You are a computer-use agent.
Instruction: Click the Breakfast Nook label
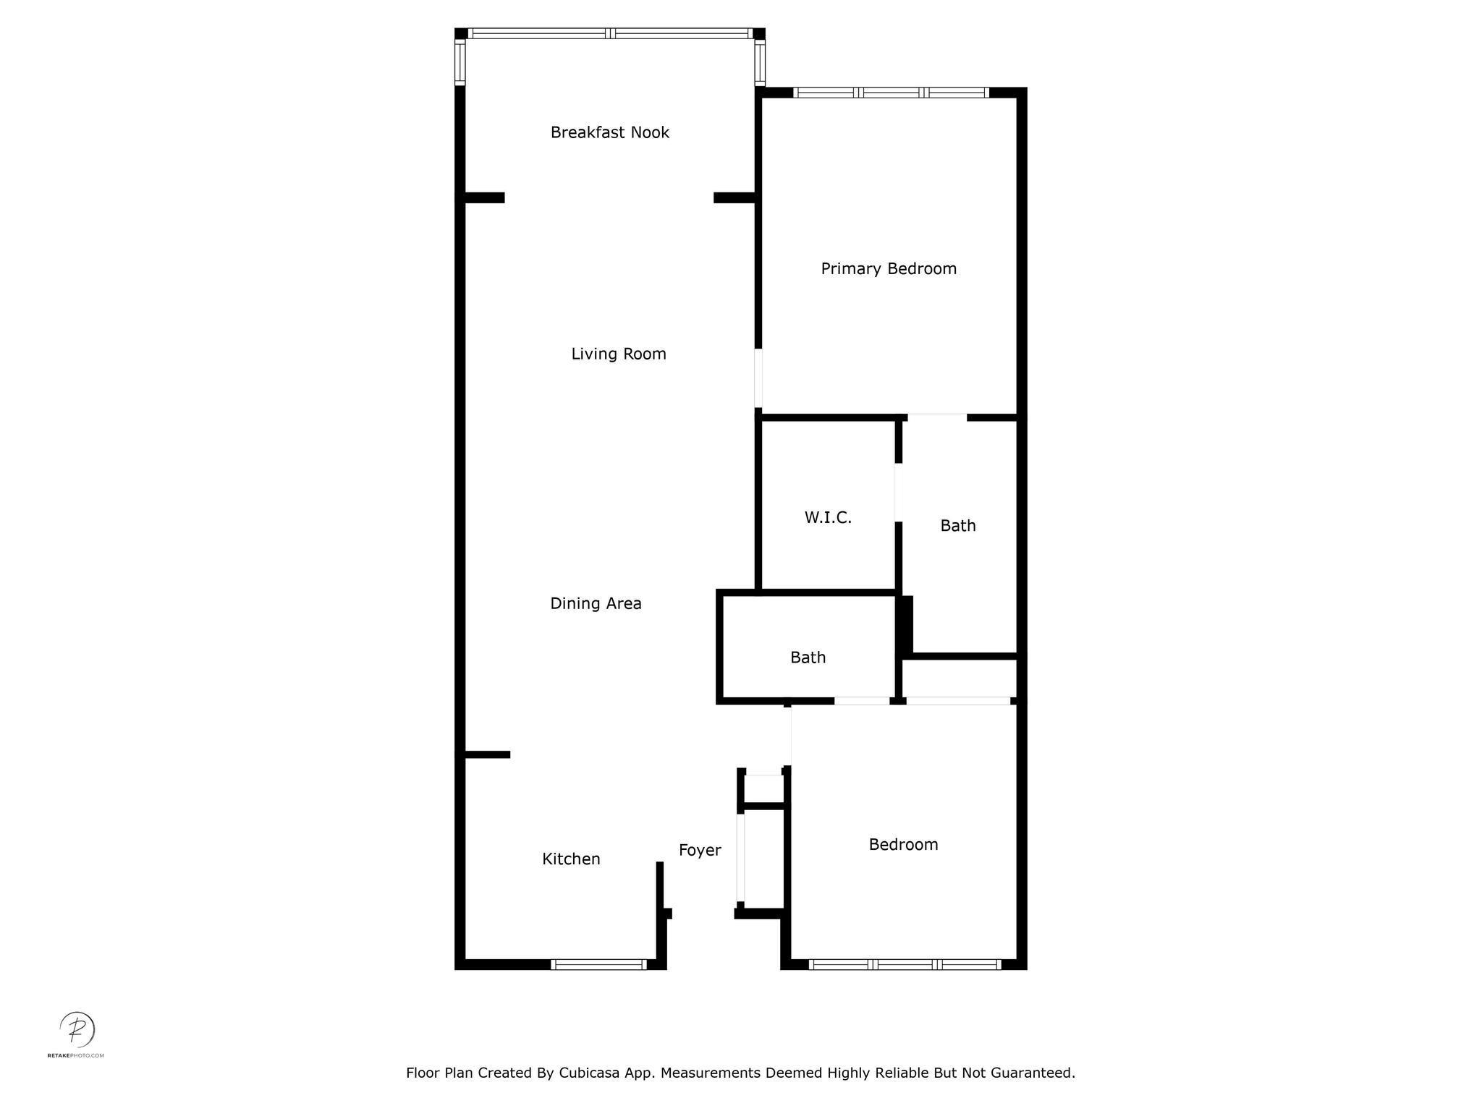(610, 132)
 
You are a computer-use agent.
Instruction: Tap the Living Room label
(619, 354)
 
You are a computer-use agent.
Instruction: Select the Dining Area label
(596, 603)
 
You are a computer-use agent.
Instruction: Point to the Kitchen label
(571, 859)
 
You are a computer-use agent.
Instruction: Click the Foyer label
(700, 851)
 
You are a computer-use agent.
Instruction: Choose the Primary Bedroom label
(889, 269)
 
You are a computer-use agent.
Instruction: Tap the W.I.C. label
(828, 518)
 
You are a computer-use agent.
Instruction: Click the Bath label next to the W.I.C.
(958, 526)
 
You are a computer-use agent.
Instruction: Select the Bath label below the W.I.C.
(808, 657)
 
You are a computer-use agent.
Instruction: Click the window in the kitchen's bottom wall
(598, 964)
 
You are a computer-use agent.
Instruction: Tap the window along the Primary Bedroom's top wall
(891, 93)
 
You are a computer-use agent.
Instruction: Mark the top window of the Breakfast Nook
(611, 33)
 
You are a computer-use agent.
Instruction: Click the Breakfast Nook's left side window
(460, 62)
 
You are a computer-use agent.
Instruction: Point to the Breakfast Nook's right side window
(760, 62)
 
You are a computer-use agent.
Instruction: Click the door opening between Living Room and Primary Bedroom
(758, 378)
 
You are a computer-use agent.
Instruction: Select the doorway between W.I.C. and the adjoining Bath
(899, 493)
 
